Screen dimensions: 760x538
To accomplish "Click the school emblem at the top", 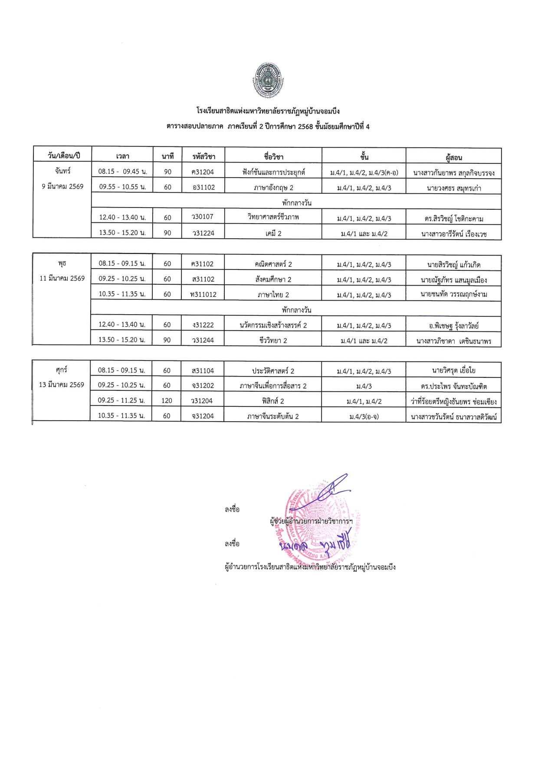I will coord(268,80).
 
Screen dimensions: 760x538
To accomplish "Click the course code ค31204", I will coord(203,172).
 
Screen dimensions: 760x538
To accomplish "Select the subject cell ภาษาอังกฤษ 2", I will coord(273,188).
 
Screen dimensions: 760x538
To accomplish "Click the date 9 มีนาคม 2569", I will coord(62,186).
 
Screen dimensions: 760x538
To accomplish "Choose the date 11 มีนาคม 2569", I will coord(62,278).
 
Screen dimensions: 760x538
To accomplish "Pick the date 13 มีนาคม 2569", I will coord(62,385).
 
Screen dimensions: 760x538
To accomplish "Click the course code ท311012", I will coord(203,295).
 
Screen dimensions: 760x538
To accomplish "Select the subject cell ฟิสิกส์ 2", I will coord(273,401).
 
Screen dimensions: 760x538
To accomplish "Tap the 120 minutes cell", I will coord(167,401).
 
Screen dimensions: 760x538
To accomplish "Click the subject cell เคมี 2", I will coord(273,234).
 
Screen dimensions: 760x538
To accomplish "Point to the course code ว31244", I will coord(203,341).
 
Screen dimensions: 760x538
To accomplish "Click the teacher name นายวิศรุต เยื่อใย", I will coord(453,370).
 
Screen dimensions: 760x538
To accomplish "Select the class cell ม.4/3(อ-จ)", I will coord(364,416).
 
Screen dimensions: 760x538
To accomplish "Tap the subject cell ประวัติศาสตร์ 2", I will coord(273,371).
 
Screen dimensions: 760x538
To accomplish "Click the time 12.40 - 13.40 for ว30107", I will coord(122,218).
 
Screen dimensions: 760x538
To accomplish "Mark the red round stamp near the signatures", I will coord(321,522).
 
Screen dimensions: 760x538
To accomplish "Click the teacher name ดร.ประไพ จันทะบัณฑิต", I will coord(453,386).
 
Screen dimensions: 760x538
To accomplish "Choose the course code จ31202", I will coord(203,386).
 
